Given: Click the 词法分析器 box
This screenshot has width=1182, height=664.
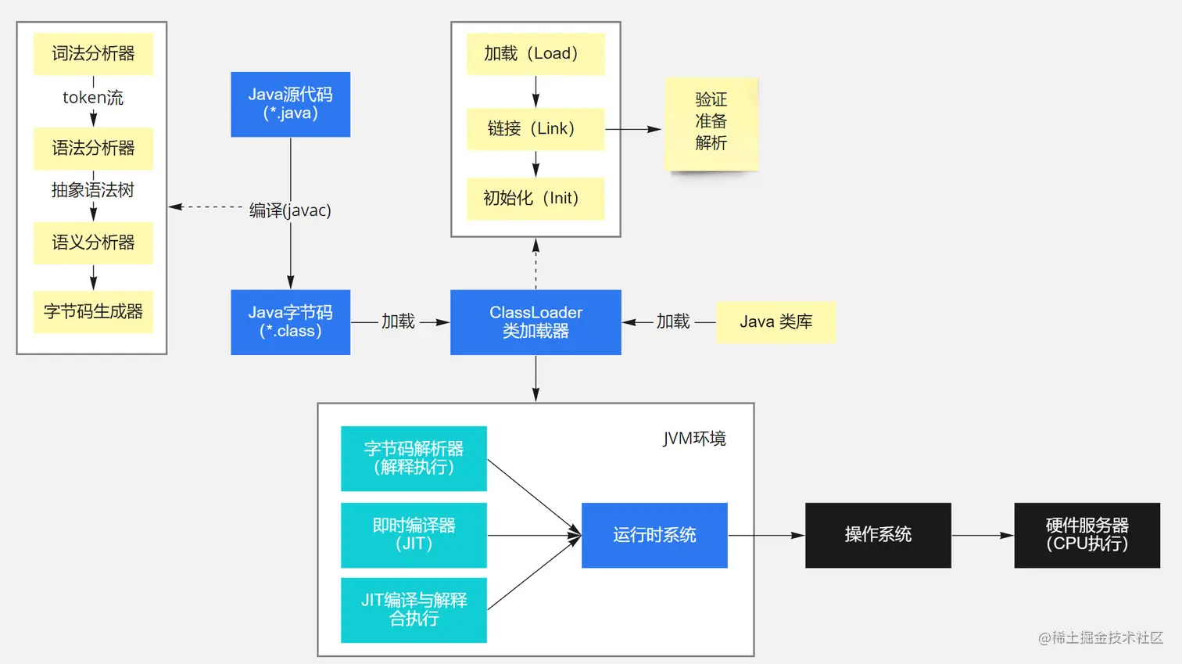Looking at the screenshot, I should click(x=93, y=54).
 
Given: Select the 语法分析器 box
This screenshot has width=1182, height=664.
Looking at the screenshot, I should click(x=93, y=149).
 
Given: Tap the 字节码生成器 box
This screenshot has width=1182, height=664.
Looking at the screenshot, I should click(x=93, y=312).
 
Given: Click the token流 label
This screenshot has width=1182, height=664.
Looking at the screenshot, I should click(x=93, y=98).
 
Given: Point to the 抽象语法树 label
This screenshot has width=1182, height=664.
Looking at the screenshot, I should click(x=93, y=190).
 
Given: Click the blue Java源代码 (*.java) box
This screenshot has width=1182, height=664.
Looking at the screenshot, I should click(x=290, y=104).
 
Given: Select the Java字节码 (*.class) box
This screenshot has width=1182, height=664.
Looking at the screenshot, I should click(x=290, y=322).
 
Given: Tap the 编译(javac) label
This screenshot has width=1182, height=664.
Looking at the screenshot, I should click(x=290, y=210).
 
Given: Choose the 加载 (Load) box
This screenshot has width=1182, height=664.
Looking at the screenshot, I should click(x=535, y=54).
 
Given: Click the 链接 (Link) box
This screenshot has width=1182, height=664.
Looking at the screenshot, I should click(x=535, y=129).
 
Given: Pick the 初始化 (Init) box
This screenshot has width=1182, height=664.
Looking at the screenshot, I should click(x=535, y=199).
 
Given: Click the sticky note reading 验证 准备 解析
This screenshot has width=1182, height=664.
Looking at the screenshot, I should click(x=711, y=123).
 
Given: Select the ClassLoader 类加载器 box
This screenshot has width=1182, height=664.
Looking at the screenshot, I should click(x=535, y=322).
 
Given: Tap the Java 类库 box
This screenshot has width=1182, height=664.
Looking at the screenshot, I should click(x=775, y=322).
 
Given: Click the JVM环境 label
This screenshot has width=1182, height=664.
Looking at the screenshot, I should click(x=694, y=439).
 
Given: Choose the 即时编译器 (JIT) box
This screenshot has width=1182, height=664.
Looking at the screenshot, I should click(x=414, y=535).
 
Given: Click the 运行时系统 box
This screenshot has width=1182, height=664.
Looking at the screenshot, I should click(x=654, y=535).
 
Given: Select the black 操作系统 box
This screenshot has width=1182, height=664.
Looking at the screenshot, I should click(x=878, y=535).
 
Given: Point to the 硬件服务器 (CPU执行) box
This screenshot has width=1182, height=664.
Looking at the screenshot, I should click(x=1087, y=535).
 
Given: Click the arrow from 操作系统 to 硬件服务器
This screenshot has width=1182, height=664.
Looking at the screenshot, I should click(x=982, y=536).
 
